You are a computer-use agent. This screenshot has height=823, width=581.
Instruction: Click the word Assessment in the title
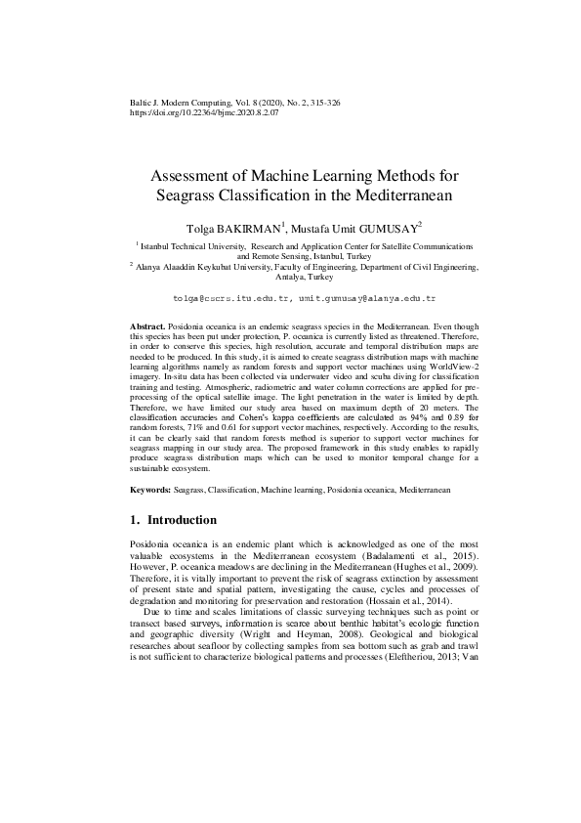click(x=193, y=177)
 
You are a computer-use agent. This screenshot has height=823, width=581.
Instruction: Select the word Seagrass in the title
click(x=192, y=195)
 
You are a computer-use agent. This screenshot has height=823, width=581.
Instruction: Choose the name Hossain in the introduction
click(x=387, y=604)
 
